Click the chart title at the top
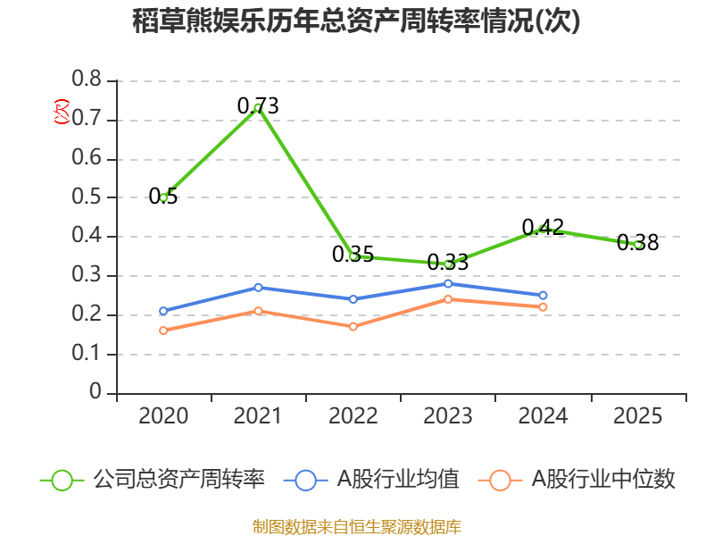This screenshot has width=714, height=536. tap(356, 21)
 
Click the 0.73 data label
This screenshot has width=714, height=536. tap(258, 106)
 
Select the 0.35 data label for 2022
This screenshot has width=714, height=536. tap(353, 255)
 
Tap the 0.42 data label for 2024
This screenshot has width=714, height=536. tap(543, 227)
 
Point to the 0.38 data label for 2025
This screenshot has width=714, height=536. tap(638, 242)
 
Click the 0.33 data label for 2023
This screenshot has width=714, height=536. tap(448, 263)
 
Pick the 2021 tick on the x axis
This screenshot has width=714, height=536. tap(258, 416)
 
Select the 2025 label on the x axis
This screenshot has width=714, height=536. tap(638, 416)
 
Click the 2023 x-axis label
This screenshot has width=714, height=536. tap(448, 416)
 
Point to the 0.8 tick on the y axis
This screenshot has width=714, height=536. tap(87, 80)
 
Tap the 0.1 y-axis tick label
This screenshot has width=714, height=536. tap(87, 355)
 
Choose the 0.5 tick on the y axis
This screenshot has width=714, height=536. tap(87, 197)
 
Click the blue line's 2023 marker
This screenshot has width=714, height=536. tap(448, 283)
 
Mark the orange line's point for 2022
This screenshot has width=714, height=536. tap(353, 327)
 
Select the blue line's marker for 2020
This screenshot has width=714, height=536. tap(163, 311)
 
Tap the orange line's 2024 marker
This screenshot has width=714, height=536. tap(543, 307)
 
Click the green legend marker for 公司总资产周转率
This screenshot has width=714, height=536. tap(62, 480)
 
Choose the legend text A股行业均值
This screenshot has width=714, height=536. tap(397, 480)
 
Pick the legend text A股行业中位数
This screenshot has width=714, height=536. tap(603, 480)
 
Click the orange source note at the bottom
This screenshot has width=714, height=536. tap(356, 526)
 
